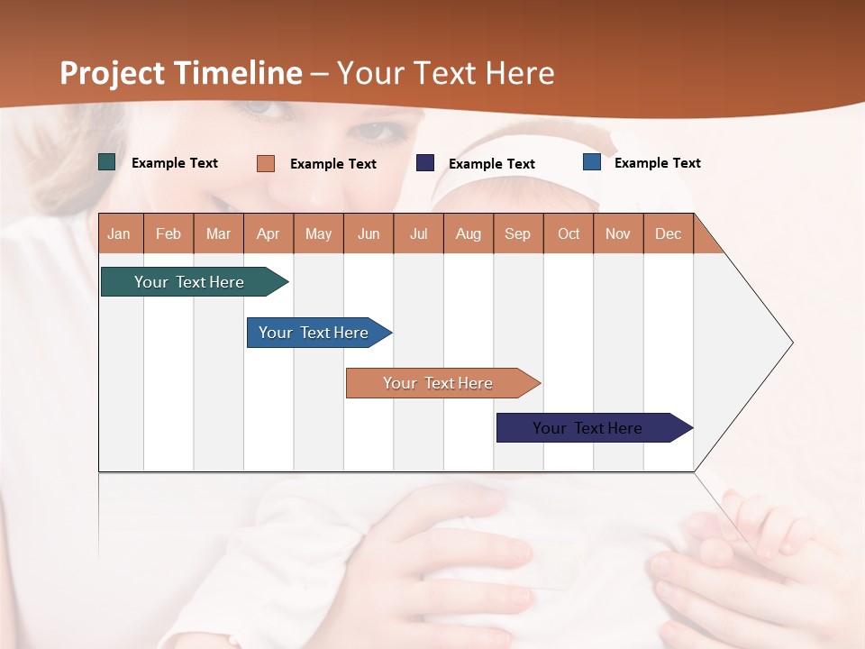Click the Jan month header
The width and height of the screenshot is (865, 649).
[119, 233]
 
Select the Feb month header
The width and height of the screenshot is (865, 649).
[168, 233]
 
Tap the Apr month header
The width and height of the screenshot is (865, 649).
[268, 233]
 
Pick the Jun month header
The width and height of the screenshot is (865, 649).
[369, 233]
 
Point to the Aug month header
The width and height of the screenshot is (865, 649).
[468, 233]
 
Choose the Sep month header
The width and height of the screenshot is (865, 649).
[517, 233]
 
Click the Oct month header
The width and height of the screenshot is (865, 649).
[569, 233]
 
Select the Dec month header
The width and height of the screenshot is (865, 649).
[668, 233]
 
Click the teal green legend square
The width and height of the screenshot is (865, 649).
[107, 162]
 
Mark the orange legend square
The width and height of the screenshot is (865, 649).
[266, 163]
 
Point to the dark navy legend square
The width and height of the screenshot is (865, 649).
[425, 163]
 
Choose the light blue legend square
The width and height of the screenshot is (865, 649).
[592, 162]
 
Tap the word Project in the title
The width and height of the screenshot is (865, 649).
[112, 73]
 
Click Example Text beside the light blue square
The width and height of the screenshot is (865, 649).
[657, 163]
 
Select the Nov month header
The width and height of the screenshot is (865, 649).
[618, 233]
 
